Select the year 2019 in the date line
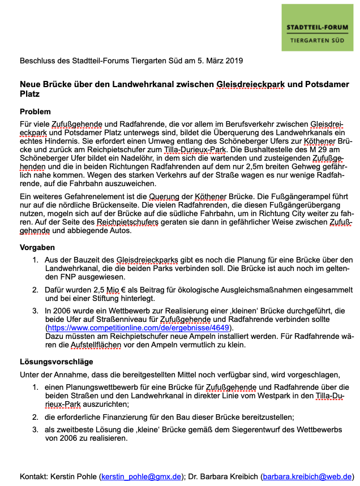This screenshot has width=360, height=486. click(x=234, y=60)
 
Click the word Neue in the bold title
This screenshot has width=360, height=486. click(x=31, y=84)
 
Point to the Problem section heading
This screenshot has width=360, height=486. click(x=35, y=111)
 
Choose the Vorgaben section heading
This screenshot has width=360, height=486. click(x=37, y=247)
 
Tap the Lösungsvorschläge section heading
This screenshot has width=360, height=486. click(x=57, y=362)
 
